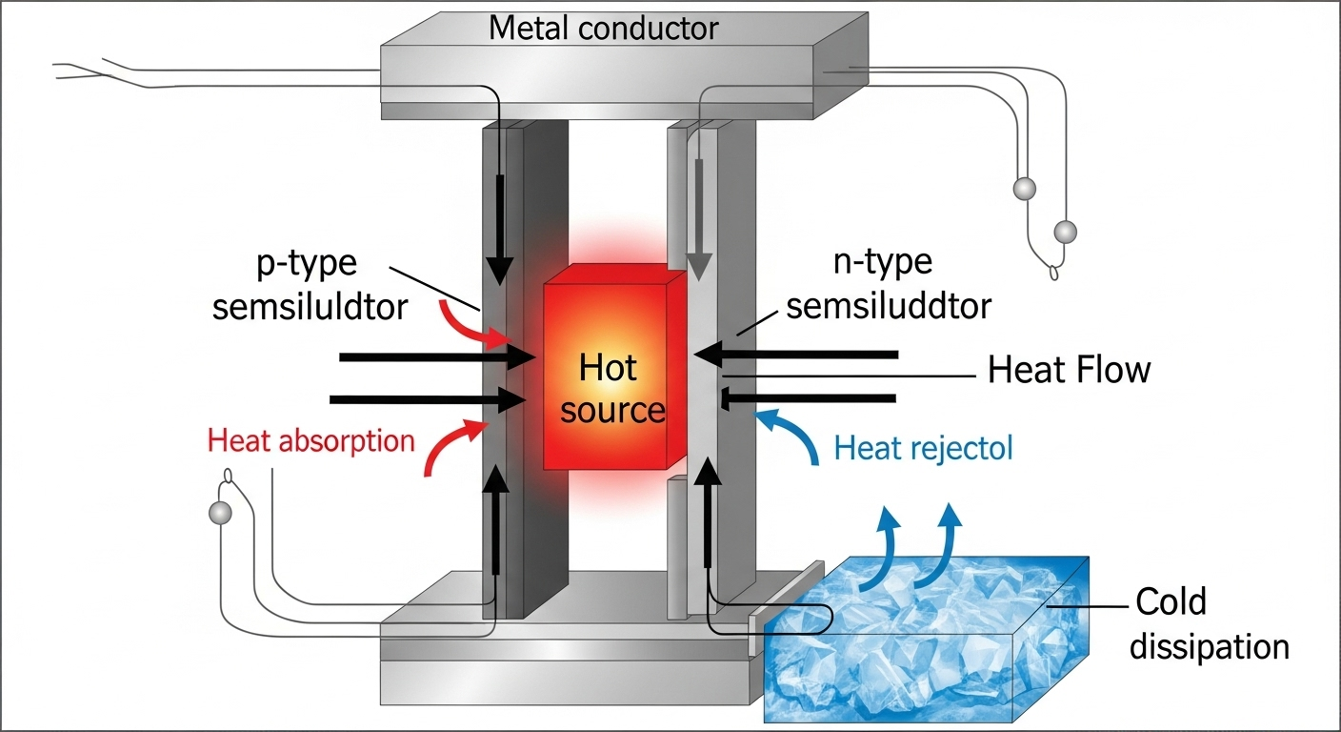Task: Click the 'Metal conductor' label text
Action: point(604,29)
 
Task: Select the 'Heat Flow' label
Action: point(1069,370)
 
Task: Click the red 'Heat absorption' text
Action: point(310,441)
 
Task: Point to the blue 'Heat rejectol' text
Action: point(923,448)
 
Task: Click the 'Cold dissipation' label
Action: point(1208,624)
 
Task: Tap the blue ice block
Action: point(926,640)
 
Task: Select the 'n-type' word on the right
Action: point(883,262)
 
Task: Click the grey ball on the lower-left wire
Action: point(220,513)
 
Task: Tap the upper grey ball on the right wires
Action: point(1024,189)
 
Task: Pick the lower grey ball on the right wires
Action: point(1065,232)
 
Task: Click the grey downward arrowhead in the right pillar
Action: point(698,267)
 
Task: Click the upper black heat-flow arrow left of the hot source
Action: point(437,357)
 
